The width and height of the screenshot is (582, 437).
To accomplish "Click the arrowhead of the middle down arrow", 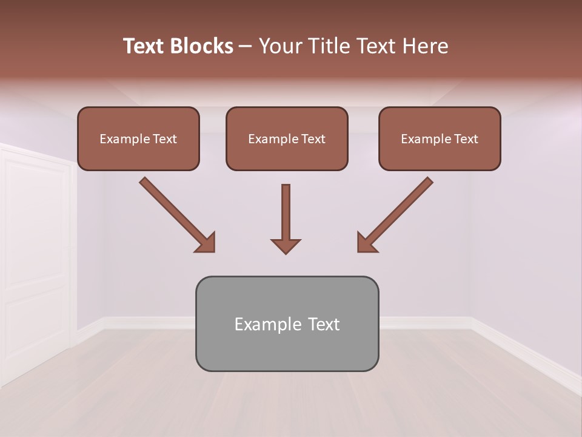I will click(286, 245).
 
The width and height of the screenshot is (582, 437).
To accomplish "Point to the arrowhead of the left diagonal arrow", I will click(206, 243).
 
